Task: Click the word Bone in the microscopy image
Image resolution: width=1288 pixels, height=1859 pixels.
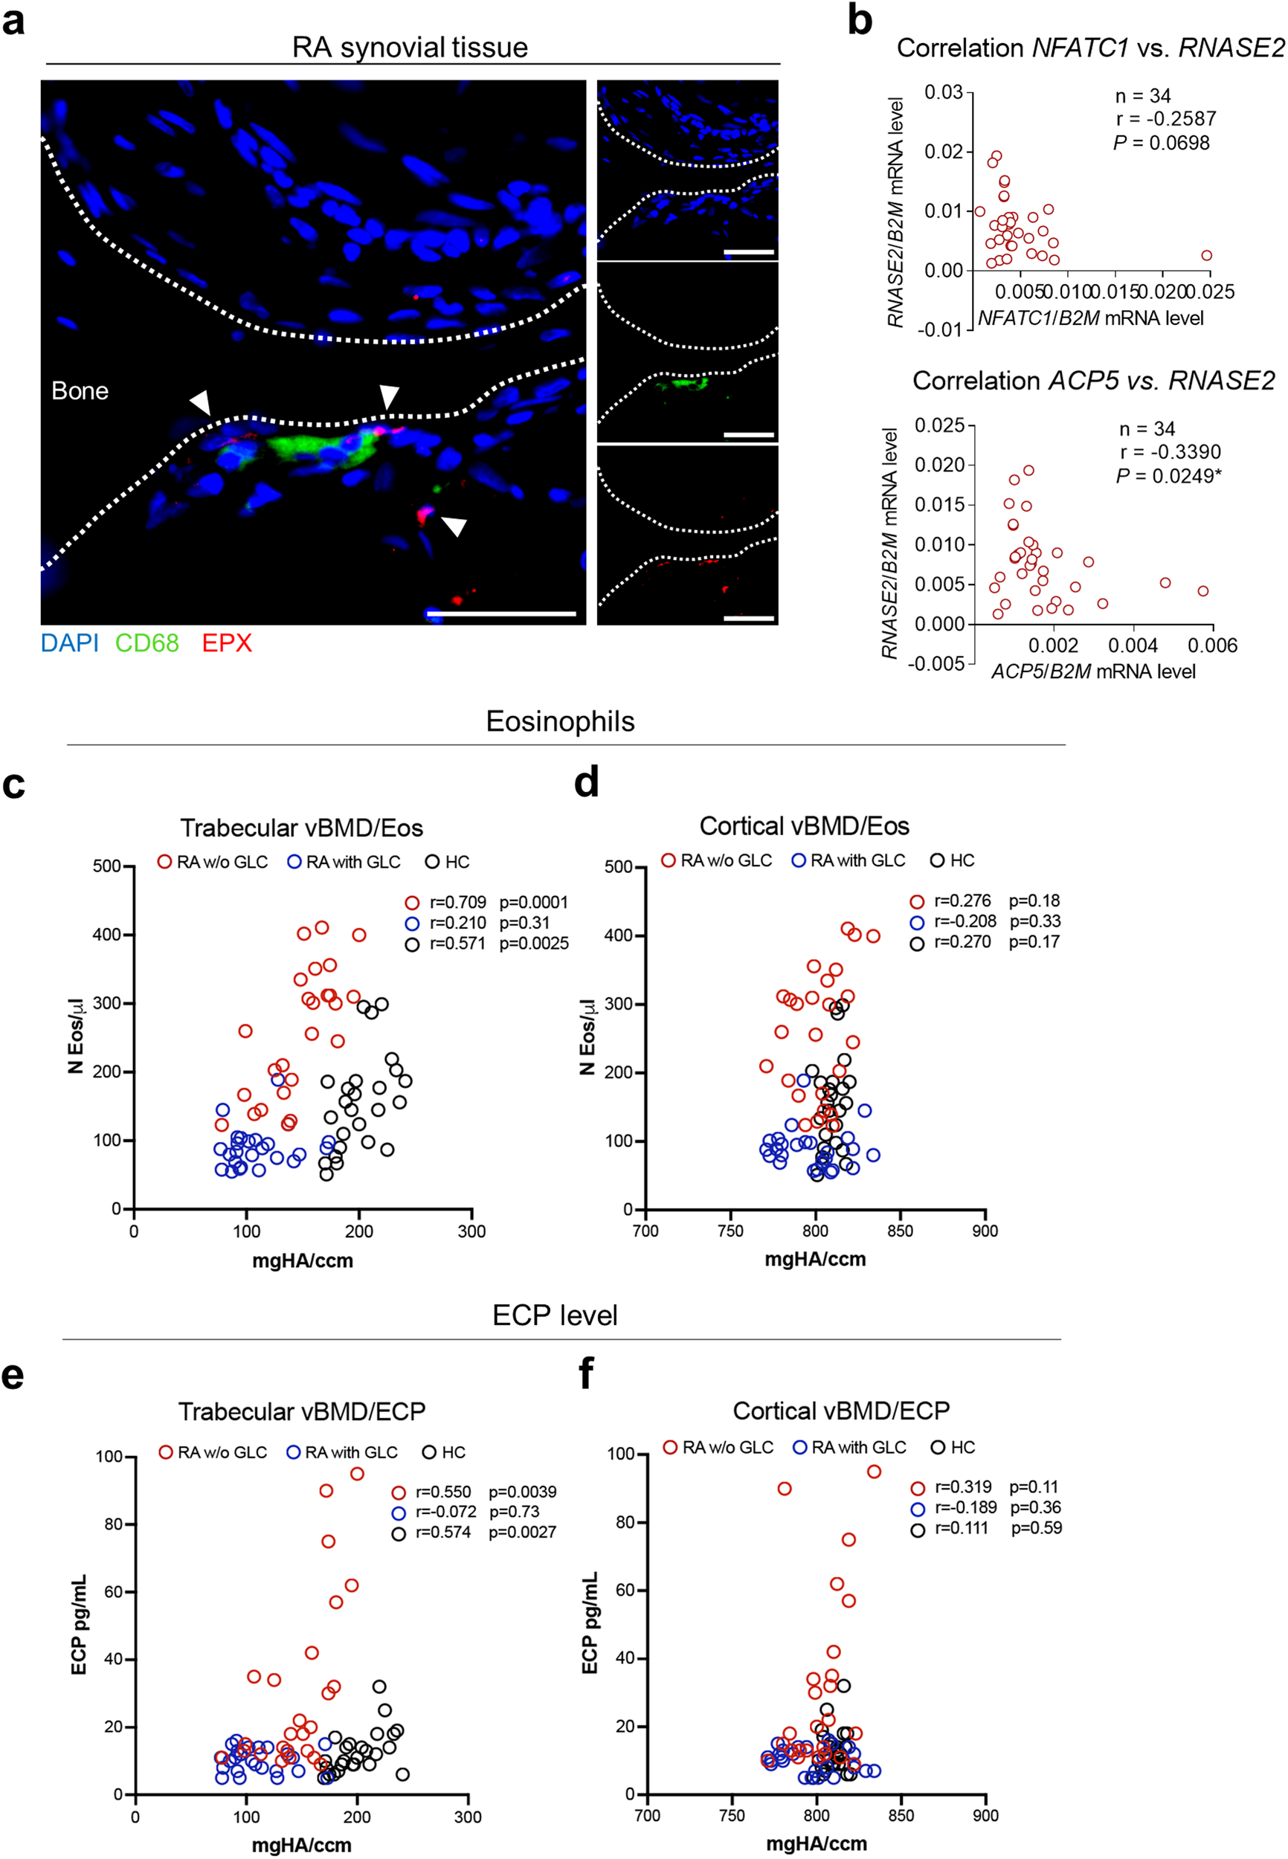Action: point(80,390)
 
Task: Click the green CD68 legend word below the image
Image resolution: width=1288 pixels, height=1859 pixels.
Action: point(147,643)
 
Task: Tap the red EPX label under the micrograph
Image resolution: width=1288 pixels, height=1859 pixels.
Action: point(227,643)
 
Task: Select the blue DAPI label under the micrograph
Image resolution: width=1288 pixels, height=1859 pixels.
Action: point(70,643)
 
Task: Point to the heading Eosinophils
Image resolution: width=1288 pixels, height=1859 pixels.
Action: point(560,721)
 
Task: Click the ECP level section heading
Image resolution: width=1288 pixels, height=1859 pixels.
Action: point(556,1315)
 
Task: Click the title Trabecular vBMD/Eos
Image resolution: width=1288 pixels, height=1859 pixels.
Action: point(301,828)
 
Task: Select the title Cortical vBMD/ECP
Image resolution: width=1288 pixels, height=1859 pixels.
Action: point(841,1411)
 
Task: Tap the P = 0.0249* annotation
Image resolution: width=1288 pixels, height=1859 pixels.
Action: point(1168,476)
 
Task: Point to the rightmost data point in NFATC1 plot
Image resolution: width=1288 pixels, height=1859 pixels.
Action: point(1206,256)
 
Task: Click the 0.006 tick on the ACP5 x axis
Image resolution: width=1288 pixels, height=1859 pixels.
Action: point(1212,645)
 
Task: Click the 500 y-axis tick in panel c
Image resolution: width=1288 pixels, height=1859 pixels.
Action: point(106,866)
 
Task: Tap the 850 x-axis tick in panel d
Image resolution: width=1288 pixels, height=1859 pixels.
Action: point(900,1231)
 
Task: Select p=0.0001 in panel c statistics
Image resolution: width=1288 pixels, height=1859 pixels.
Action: point(533,902)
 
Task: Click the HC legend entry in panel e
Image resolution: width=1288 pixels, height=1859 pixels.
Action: point(444,1452)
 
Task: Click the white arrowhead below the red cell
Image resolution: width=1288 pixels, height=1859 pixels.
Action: point(455,527)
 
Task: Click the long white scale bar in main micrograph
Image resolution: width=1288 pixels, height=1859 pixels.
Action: point(501,614)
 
